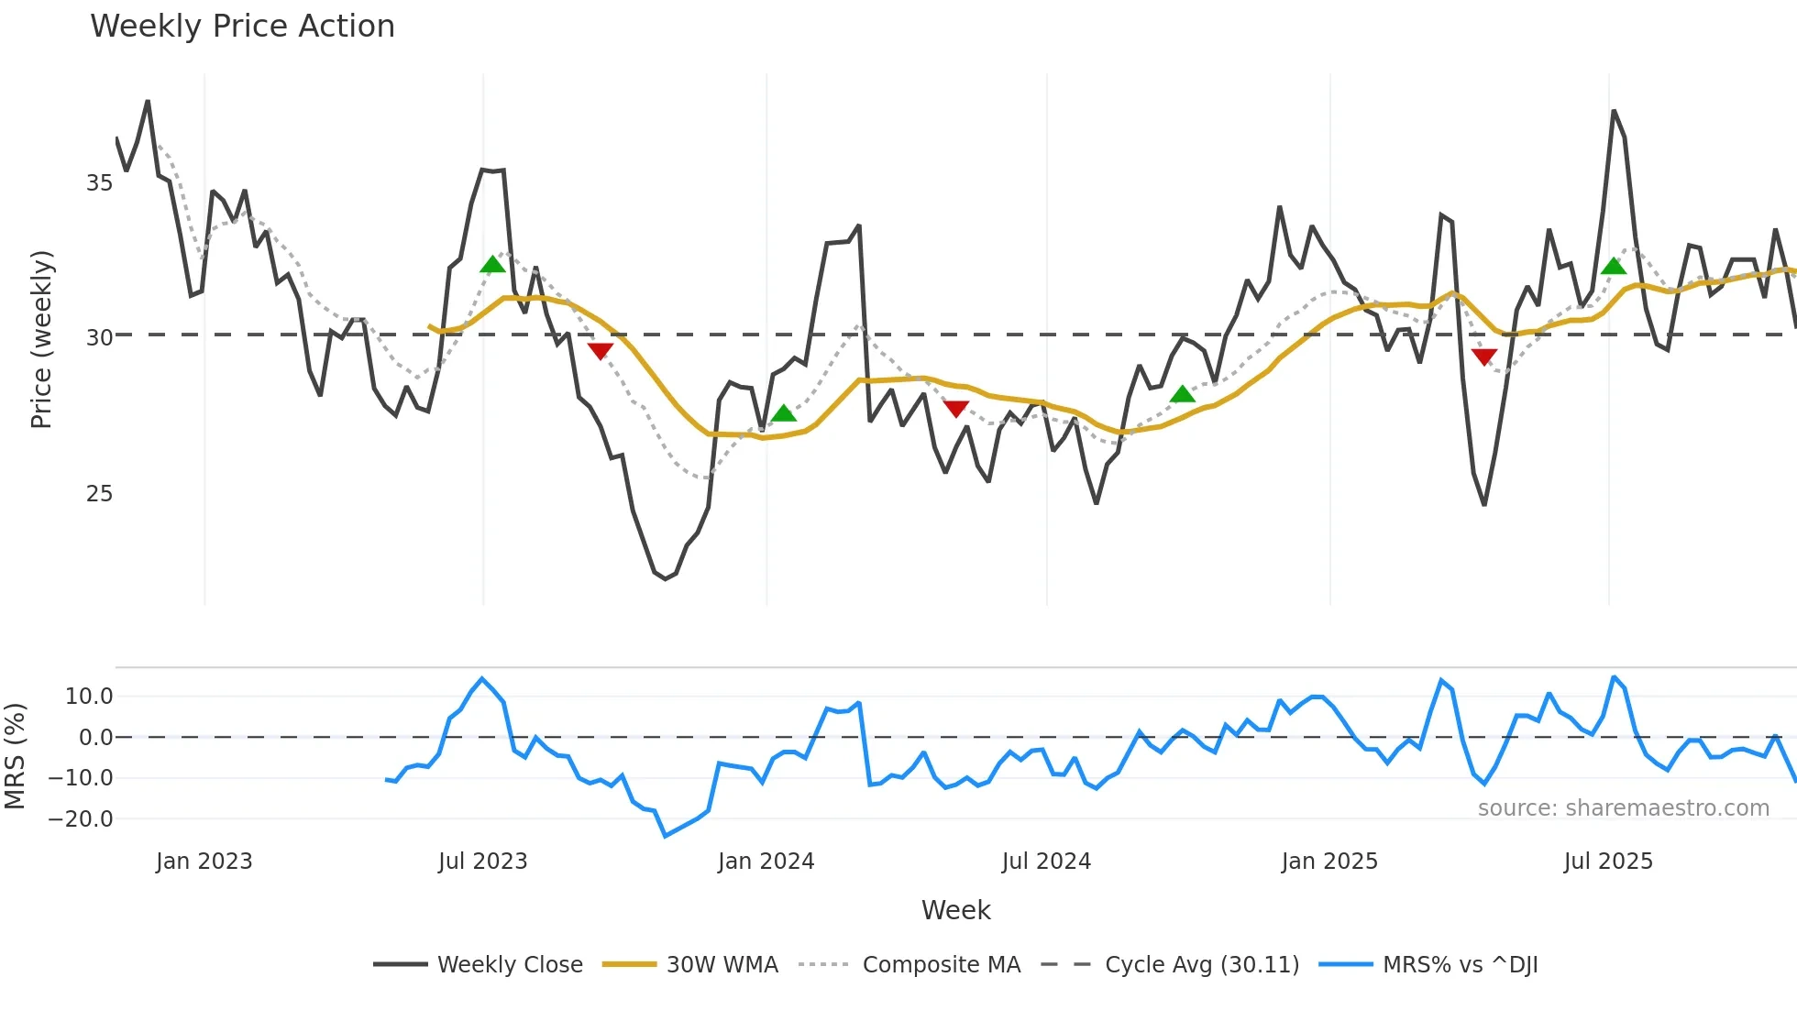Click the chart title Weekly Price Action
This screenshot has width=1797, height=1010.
point(242,27)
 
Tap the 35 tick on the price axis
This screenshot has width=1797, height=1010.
point(99,183)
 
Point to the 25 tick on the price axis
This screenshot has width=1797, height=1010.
point(99,494)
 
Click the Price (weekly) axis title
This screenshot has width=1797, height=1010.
point(42,339)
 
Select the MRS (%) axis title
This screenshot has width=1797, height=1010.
point(15,756)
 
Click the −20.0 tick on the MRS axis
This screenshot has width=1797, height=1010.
point(81,819)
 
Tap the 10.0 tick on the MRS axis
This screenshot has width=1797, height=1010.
point(89,697)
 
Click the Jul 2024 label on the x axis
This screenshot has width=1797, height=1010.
point(1046,862)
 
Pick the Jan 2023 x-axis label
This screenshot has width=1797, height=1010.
point(204,862)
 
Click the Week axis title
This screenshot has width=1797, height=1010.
point(955,910)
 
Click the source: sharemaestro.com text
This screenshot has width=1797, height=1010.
point(1623,808)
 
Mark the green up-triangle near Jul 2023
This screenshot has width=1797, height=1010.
point(492,265)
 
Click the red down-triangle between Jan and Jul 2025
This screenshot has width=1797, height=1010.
point(1484,357)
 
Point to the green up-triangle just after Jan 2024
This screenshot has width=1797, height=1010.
point(784,413)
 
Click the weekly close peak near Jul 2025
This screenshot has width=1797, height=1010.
point(1614,112)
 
